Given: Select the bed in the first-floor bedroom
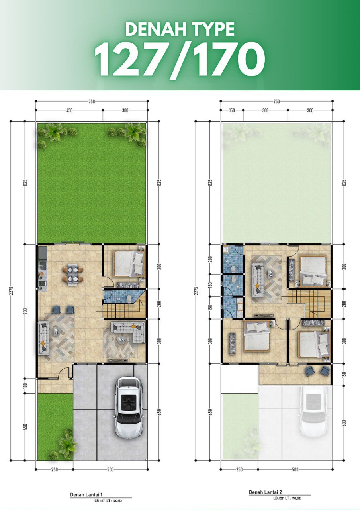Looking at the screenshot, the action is (x=129, y=264).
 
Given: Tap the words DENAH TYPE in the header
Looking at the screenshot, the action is (x=180, y=29).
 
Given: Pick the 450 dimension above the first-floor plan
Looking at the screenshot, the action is (x=69, y=110).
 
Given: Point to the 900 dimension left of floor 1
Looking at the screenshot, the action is (x=25, y=312).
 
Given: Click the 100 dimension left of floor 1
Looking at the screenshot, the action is (x=25, y=386).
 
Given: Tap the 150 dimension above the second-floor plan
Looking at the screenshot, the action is (x=232, y=110).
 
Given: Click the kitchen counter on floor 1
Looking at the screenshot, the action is (x=42, y=268).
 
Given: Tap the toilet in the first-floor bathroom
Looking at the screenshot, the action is (x=129, y=298).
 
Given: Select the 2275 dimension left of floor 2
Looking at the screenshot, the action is (x=197, y=291).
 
